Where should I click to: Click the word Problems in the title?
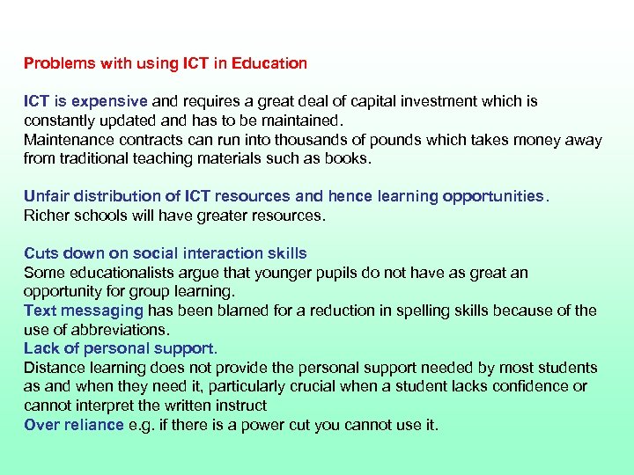click(56, 63)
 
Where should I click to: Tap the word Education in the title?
click(271, 63)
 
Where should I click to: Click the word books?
click(350, 159)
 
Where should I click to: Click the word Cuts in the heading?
click(41, 254)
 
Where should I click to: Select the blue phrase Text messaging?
click(83, 311)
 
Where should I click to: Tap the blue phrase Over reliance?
click(74, 426)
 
